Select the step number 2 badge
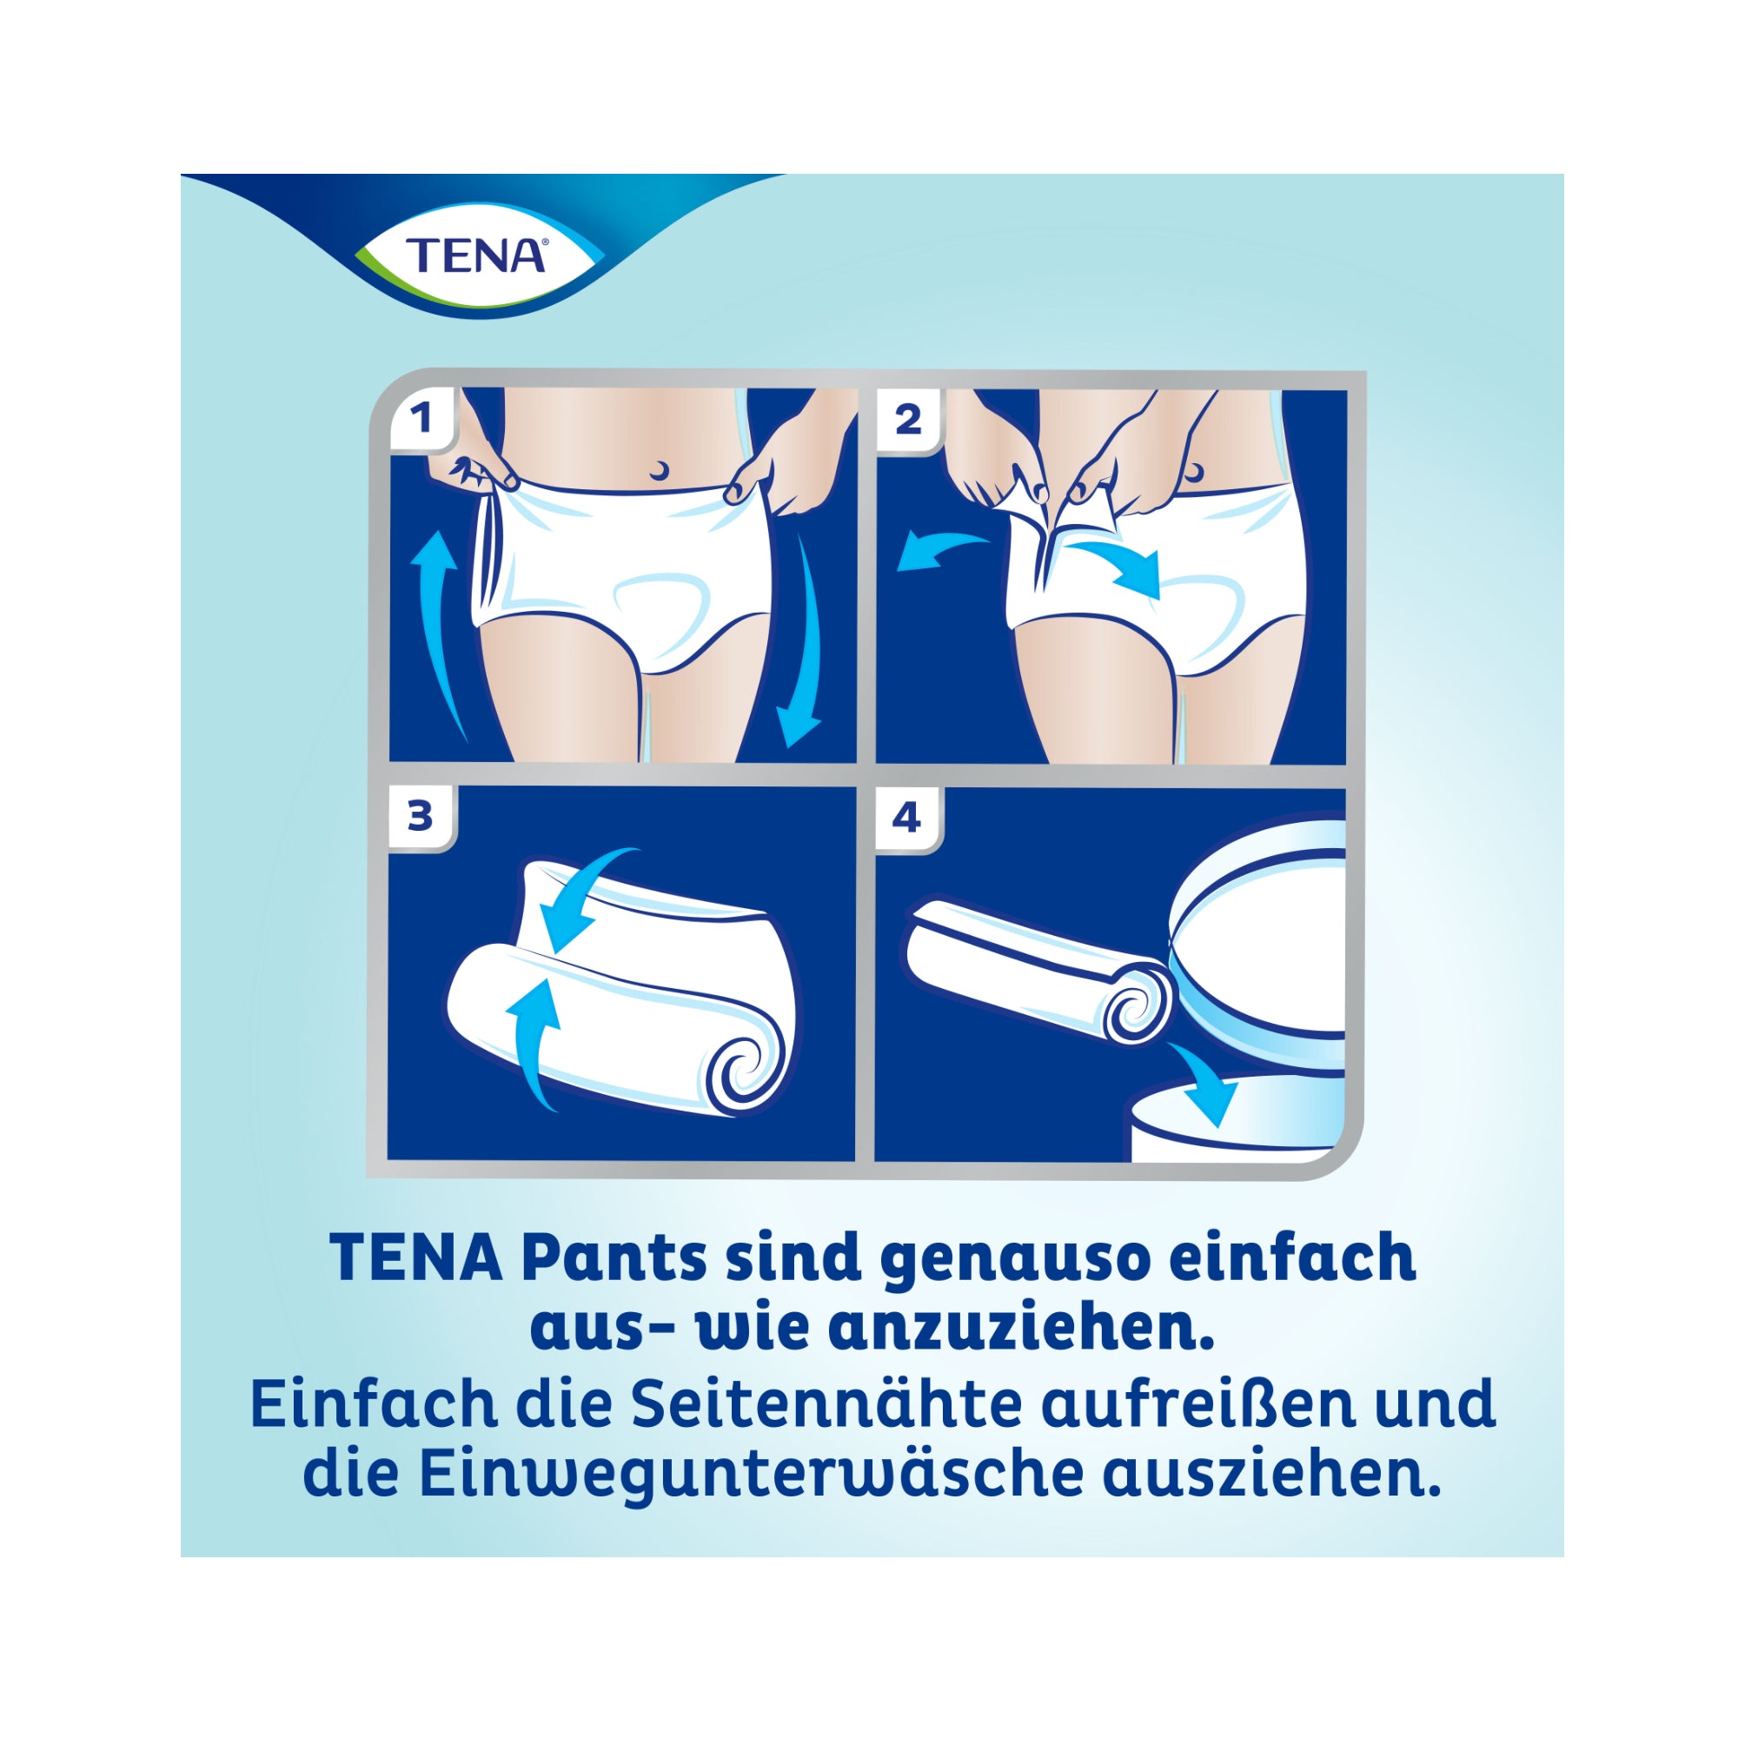click(x=910, y=419)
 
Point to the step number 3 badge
click(x=421, y=817)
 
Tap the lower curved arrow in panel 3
click(x=534, y=1044)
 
